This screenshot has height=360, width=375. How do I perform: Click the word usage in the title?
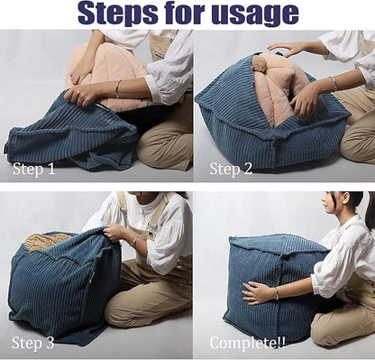pyautogui.click(x=253, y=14)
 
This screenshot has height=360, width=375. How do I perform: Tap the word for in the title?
pyautogui.click(x=184, y=14)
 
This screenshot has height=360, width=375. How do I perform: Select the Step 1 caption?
pyautogui.click(x=33, y=168)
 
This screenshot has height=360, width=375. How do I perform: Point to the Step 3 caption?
pyautogui.click(x=33, y=342)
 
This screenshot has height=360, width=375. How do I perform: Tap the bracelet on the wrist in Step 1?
pyautogui.click(x=117, y=88)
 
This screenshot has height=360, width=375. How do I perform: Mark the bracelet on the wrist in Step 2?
pyautogui.click(x=333, y=84)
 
